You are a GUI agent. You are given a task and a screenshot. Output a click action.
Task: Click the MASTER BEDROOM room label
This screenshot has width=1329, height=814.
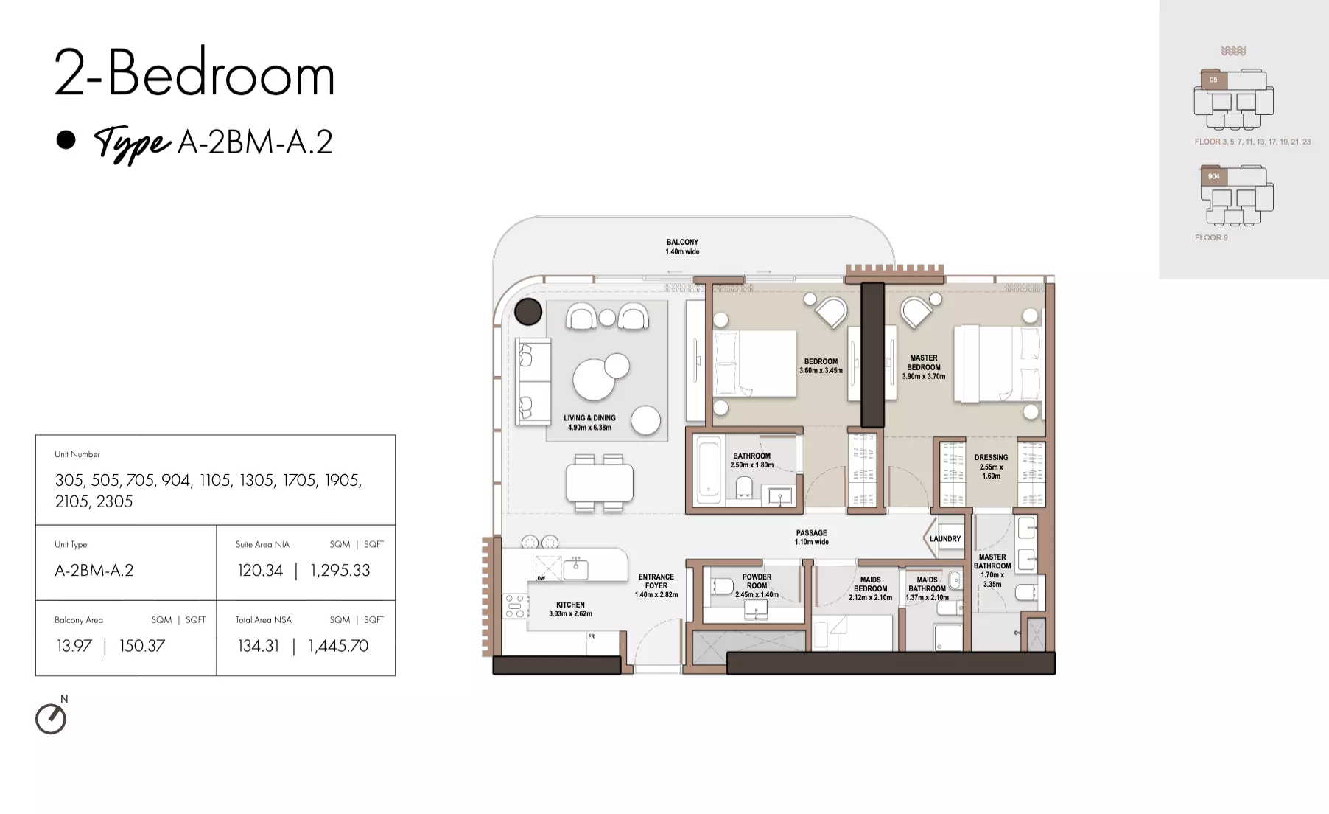924,362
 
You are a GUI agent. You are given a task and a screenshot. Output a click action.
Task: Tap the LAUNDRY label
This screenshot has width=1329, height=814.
945,539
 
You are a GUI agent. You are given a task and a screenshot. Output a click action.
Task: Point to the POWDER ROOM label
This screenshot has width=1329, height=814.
757,581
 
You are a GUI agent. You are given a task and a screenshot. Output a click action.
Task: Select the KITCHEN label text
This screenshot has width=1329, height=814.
570,605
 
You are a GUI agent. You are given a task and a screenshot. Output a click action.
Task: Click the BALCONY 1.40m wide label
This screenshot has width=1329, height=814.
682,247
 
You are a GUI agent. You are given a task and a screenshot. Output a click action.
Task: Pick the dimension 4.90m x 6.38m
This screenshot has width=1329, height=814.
589,428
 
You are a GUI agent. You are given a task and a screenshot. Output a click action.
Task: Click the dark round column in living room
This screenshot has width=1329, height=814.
528,312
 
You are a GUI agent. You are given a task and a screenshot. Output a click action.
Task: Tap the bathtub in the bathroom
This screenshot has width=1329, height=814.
708,469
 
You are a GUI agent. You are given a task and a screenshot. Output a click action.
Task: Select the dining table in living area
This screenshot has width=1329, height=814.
599,483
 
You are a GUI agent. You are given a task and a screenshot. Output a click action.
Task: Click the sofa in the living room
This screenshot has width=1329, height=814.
533,381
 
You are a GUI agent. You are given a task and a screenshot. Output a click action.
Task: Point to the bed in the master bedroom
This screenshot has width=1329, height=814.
998,364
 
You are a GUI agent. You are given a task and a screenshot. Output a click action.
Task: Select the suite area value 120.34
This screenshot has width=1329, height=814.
260,570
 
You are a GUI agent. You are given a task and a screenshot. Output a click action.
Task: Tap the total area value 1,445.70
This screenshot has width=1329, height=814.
338,646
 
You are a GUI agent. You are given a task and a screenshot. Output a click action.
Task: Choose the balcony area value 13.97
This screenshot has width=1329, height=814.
74,646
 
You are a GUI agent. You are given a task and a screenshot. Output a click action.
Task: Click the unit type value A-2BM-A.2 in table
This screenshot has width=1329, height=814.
94,570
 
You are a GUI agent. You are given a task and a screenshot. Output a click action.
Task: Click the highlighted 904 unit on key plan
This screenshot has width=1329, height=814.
1214,177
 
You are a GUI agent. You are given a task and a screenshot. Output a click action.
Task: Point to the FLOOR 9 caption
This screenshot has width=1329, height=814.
1211,237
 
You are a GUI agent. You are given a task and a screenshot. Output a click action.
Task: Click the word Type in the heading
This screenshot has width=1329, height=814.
133,142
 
